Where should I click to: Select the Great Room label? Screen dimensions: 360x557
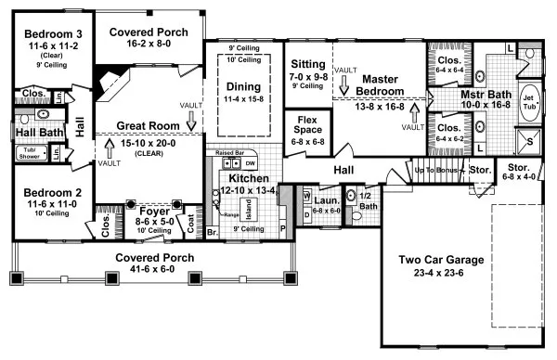click(x=149, y=125)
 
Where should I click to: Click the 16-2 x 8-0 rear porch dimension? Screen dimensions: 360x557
click(x=149, y=44)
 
